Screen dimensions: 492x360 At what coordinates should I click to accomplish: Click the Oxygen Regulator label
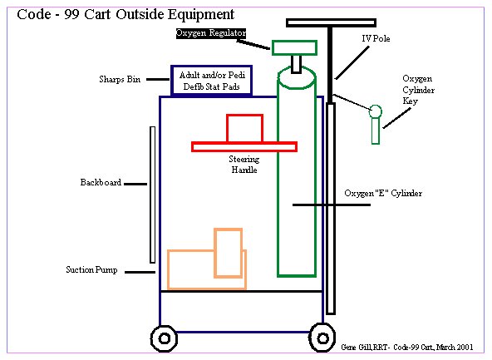click(211, 33)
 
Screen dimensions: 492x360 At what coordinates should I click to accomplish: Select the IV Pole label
click(376, 38)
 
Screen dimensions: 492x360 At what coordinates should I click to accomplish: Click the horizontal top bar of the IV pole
click(331, 22)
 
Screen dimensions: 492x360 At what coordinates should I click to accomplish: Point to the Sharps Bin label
click(120, 79)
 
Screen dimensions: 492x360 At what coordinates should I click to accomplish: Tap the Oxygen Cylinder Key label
click(418, 90)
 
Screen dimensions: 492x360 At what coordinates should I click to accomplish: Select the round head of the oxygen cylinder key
click(376, 111)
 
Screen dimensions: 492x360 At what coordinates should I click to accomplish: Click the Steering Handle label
click(244, 165)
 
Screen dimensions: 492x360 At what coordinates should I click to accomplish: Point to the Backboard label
click(101, 182)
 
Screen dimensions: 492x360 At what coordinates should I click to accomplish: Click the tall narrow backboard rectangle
click(152, 195)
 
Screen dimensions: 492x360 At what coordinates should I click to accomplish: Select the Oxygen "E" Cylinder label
click(383, 193)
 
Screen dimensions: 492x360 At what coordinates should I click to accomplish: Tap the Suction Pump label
click(91, 269)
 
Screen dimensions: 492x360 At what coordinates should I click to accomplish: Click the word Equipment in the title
click(201, 15)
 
